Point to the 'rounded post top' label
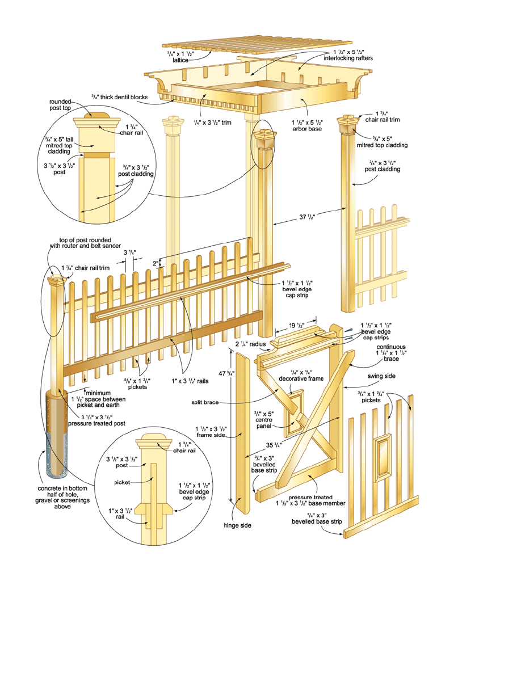coord(60,106)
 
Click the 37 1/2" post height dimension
coord(308,216)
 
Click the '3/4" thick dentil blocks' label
coord(119,97)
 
